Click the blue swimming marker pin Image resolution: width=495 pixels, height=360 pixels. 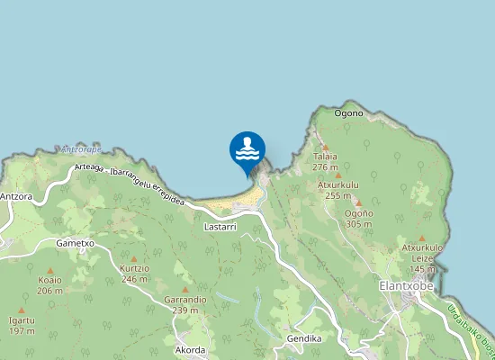click(247, 148)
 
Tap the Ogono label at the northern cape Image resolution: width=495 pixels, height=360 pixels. click(348, 113)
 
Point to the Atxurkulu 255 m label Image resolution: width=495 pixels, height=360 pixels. click(338, 190)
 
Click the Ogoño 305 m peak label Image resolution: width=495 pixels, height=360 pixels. click(358, 218)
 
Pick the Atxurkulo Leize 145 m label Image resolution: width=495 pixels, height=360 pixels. click(422, 257)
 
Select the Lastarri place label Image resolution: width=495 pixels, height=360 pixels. click(220, 229)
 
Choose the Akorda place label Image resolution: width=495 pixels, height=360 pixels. click(191, 350)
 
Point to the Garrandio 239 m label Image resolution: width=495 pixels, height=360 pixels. click(185, 304)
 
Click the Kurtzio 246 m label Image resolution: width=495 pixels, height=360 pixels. click(134, 274)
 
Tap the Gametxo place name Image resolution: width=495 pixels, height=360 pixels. click(75, 243)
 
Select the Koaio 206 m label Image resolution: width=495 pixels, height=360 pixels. click(50, 285)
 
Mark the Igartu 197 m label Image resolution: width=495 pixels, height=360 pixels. click(22, 326)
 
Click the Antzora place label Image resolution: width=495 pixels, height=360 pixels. click(17, 195)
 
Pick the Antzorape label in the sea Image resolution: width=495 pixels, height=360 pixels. click(81, 149)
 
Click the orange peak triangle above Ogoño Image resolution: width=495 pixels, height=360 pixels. click(357, 202)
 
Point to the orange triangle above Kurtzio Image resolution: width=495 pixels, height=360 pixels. click(134, 259)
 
